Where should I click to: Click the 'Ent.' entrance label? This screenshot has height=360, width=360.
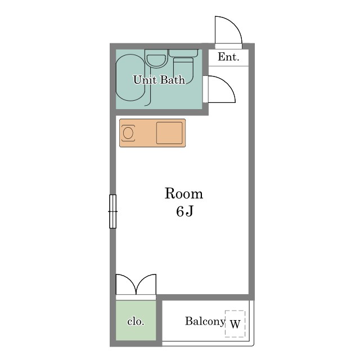click(228, 57)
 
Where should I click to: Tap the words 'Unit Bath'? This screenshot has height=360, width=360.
click(159, 80)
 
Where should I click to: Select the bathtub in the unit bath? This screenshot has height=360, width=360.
click(130, 78)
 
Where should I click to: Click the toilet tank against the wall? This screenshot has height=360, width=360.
click(183, 53)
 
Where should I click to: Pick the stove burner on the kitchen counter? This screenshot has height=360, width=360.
click(128, 133)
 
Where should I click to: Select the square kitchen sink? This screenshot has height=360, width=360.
click(169, 133)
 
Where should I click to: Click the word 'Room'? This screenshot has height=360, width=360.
click(184, 193)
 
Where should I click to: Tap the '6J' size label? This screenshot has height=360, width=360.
click(184, 211)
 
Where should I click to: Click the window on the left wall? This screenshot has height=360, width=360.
click(112, 211)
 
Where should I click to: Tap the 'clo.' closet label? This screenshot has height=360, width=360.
click(136, 321)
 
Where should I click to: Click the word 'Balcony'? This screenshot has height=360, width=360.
click(205, 321)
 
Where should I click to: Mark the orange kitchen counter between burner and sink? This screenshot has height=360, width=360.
click(146, 133)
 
